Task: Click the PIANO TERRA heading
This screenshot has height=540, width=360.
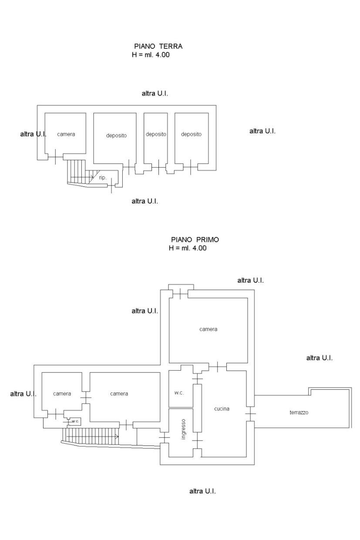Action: coord(158,47)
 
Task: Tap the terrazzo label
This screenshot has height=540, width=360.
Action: coord(299,412)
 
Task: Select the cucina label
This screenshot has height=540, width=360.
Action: coord(222,409)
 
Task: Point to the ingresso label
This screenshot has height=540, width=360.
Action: coord(184,429)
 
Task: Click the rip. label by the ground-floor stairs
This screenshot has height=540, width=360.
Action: coord(103,177)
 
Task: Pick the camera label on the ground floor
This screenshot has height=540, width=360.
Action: coord(66,134)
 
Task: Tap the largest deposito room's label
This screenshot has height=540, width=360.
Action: coord(116,135)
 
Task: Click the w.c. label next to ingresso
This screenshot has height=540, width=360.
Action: coord(179,393)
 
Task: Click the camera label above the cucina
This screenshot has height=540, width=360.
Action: coord(208,329)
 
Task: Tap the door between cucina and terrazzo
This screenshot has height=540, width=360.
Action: coord(250,413)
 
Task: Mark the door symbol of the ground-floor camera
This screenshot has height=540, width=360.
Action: coord(56,157)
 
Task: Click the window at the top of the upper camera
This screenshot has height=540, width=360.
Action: coord(180,294)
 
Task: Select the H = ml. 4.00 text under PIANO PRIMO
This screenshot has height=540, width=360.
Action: coord(188,248)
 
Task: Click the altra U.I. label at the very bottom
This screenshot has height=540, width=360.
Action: coord(202,491)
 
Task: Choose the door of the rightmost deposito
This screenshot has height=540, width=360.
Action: coord(190,166)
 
